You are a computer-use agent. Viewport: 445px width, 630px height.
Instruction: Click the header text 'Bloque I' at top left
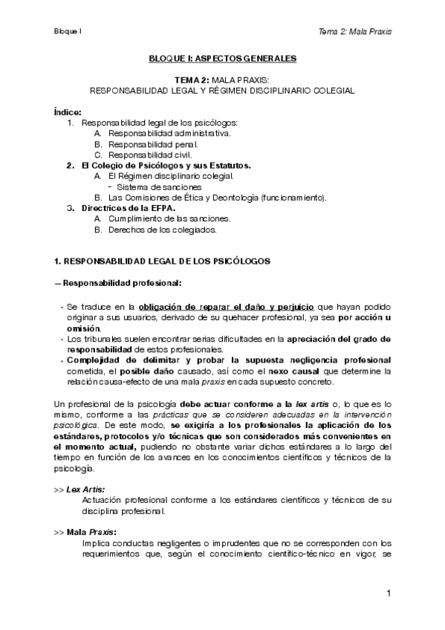click(67, 31)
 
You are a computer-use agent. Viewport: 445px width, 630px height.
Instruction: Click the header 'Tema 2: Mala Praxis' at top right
click(354, 31)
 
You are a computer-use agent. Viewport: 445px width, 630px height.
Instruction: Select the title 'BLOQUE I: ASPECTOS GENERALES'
click(222, 57)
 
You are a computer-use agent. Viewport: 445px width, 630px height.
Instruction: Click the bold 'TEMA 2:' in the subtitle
click(192, 79)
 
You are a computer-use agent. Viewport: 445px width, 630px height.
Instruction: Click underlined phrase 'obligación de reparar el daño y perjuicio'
click(227, 306)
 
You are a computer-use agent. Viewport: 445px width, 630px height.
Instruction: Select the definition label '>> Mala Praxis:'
click(85, 532)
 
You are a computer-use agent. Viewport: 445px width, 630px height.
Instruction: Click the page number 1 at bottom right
click(388, 594)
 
